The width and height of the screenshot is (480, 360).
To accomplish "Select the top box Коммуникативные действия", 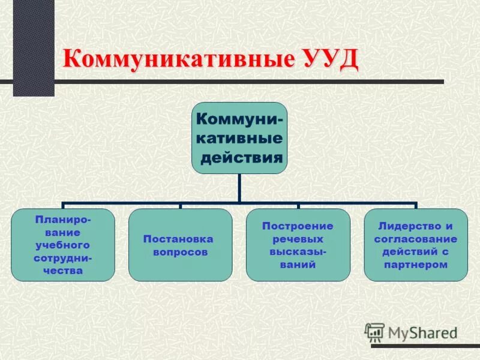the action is point(239,138).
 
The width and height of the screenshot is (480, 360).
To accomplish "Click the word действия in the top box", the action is point(241,158).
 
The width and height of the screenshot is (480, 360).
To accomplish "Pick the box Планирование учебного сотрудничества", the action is point(63,245).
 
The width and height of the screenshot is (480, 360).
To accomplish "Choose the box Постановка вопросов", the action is point(180,245).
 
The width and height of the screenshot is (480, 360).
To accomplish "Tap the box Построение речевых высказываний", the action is point(298,245).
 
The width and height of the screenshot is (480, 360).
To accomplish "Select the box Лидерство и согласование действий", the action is point(416,245).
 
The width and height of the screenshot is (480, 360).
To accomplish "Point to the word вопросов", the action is point(180,253).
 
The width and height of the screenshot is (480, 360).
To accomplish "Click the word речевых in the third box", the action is point(298,238).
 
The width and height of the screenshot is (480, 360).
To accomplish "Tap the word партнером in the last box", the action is point(416,265).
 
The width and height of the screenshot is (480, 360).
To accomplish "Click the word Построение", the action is point(298,226).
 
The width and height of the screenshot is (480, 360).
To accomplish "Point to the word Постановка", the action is point(180,239).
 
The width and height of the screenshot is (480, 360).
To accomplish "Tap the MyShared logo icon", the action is point(374,332).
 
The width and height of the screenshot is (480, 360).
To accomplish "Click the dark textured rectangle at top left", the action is point(34,48).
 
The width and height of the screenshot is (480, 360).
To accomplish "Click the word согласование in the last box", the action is point(416,239).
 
